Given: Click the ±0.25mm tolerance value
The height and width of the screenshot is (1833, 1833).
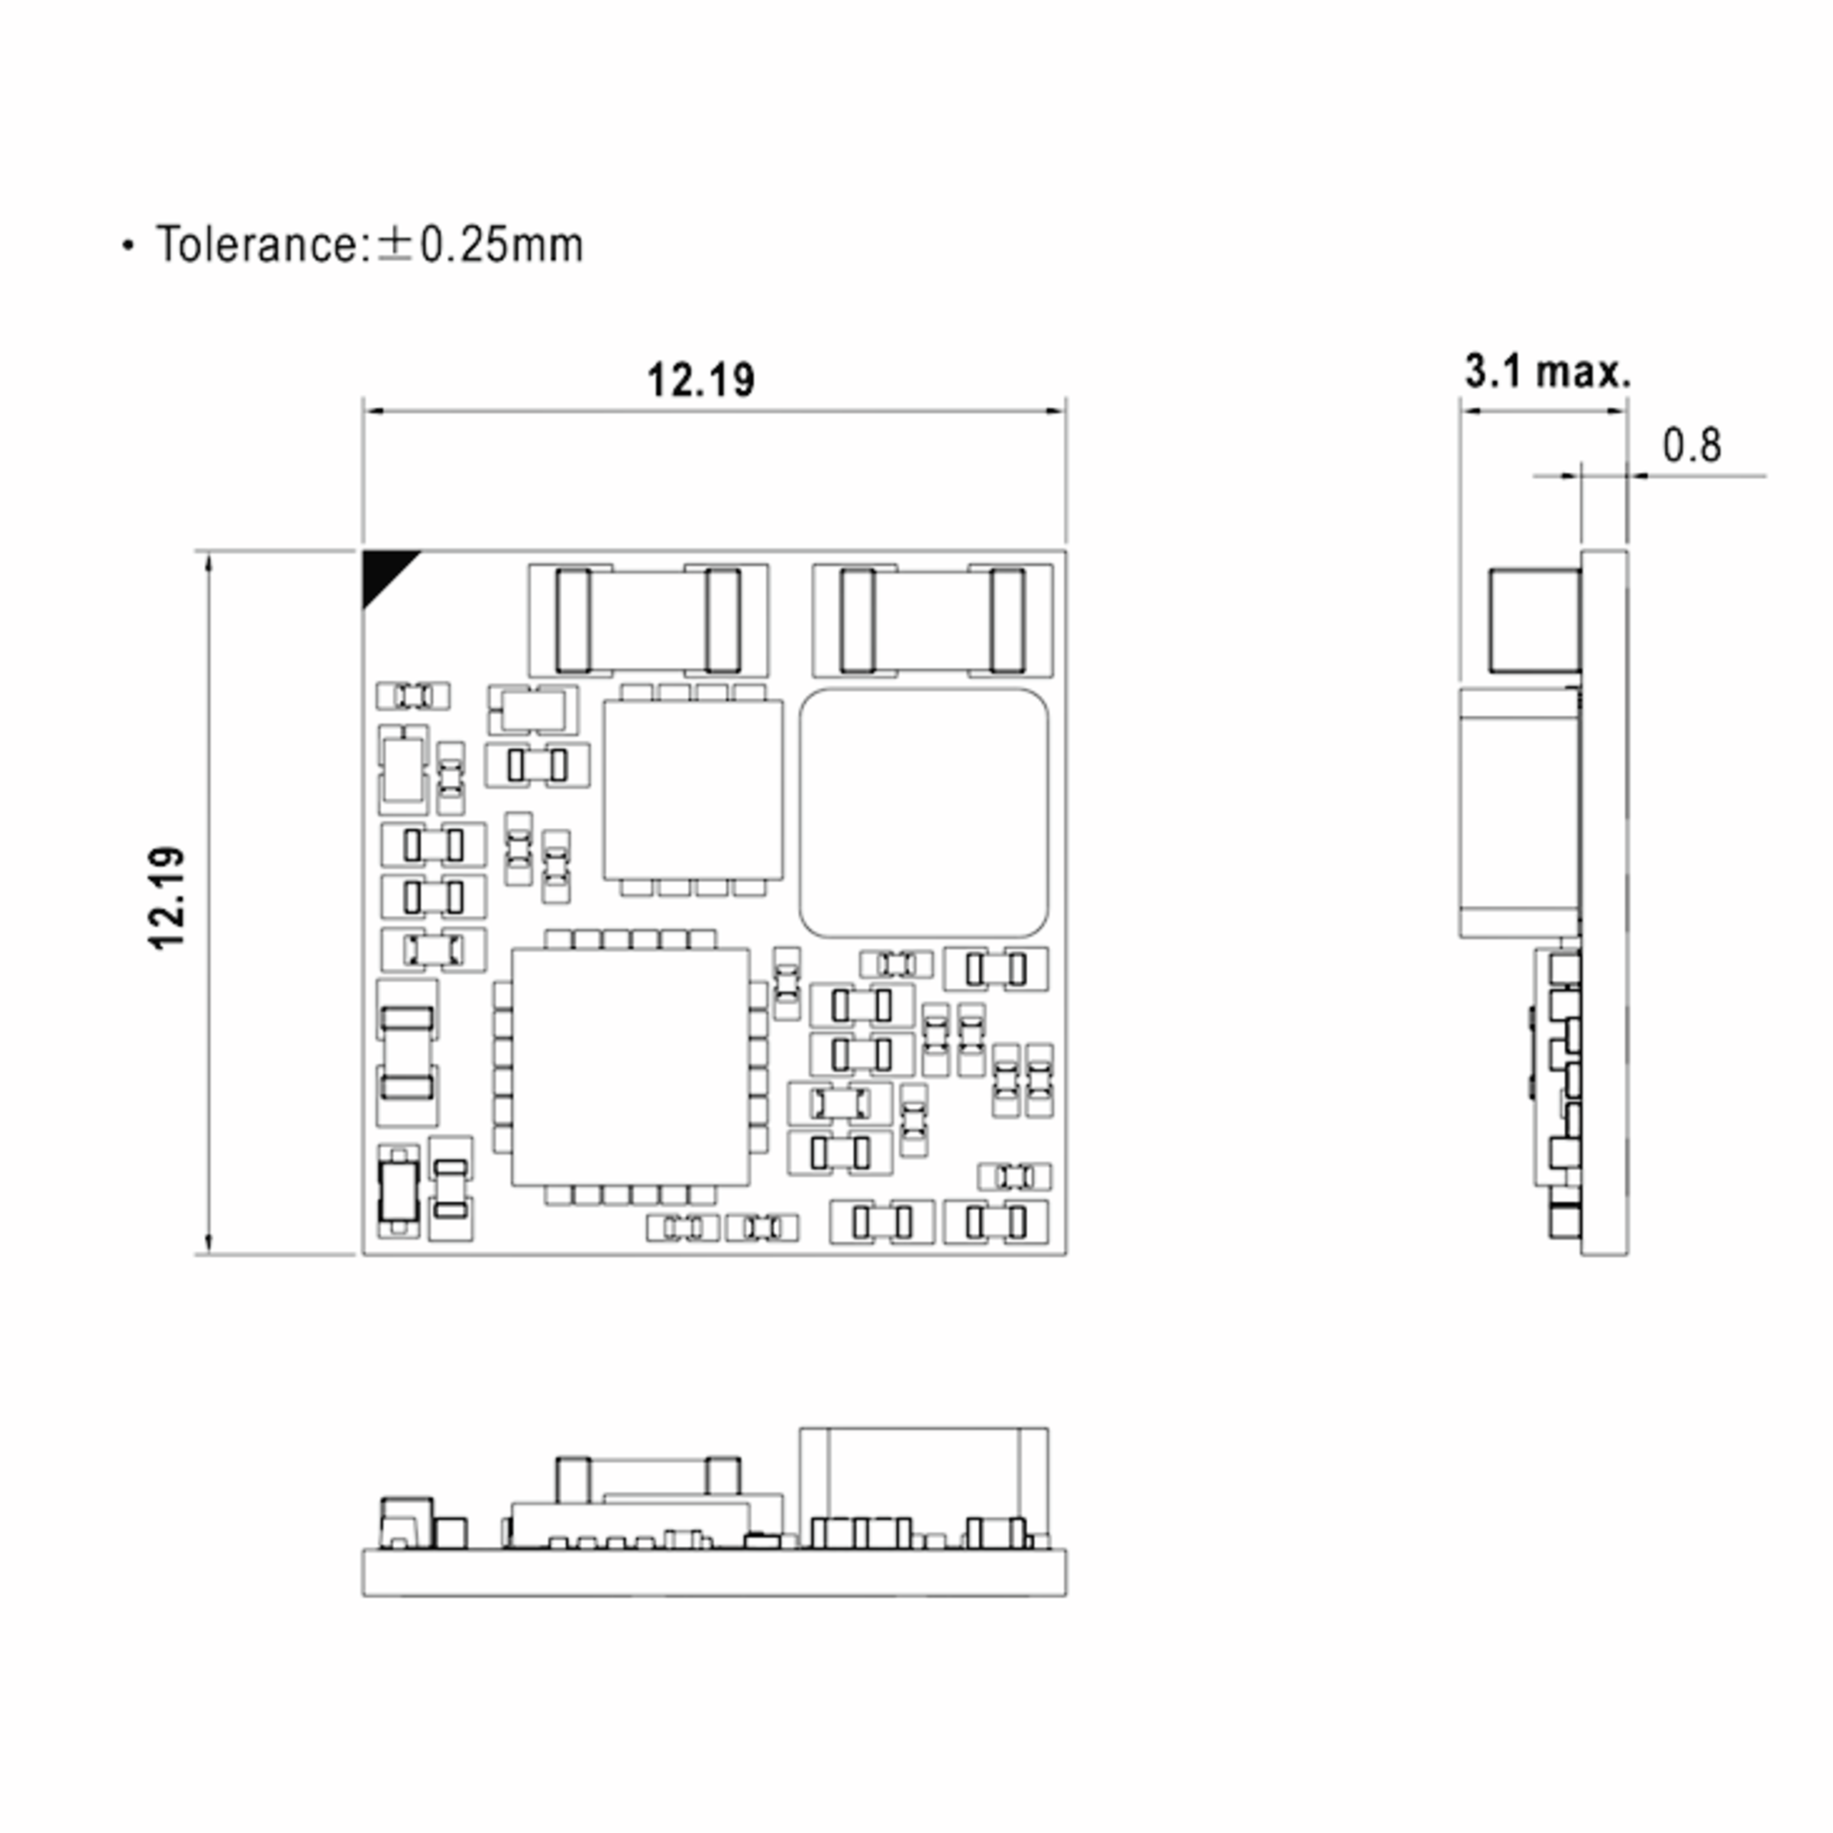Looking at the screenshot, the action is pyautogui.click(x=480, y=244).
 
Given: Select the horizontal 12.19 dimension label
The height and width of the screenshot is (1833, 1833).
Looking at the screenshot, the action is pyautogui.click(x=701, y=380).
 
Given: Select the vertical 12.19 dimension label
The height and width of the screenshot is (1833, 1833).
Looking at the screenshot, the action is pyautogui.click(x=168, y=897).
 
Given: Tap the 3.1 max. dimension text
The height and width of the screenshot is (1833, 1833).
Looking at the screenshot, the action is pyautogui.click(x=1547, y=371).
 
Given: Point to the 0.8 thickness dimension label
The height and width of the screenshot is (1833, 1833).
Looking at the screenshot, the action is pyautogui.click(x=1692, y=445).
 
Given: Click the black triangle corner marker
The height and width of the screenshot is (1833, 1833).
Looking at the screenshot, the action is pyautogui.click(x=383, y=572).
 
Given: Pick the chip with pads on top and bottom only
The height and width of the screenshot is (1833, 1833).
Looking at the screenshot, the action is pyautogui.click(x=693, y=790).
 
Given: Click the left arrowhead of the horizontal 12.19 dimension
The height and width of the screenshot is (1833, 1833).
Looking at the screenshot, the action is pyautogui.click(x=372, y=412).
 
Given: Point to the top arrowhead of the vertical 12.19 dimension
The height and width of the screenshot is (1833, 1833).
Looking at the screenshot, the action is pyautogui.click(x=209, y=561).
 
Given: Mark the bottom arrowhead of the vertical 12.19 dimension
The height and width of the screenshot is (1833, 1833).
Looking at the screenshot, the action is pyautogui.click(x=209, y=1244).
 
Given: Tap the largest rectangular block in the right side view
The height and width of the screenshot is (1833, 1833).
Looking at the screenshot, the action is pyautogui.click(x=1520, y=813).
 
